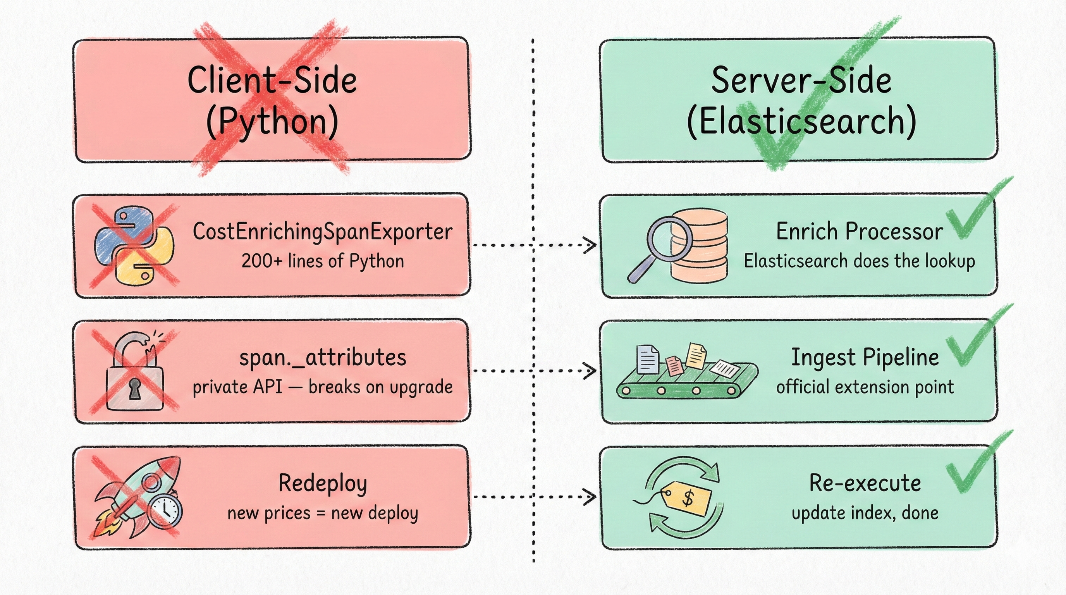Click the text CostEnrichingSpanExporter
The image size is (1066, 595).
(322, 231)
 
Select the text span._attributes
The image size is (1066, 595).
(323, 358)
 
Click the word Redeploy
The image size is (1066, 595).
(323, 483)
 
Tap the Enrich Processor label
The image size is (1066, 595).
(859, 231)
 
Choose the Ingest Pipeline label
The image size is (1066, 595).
(865, 358)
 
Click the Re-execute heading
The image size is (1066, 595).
(865, 483)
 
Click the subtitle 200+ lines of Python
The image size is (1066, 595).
(322, 261)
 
